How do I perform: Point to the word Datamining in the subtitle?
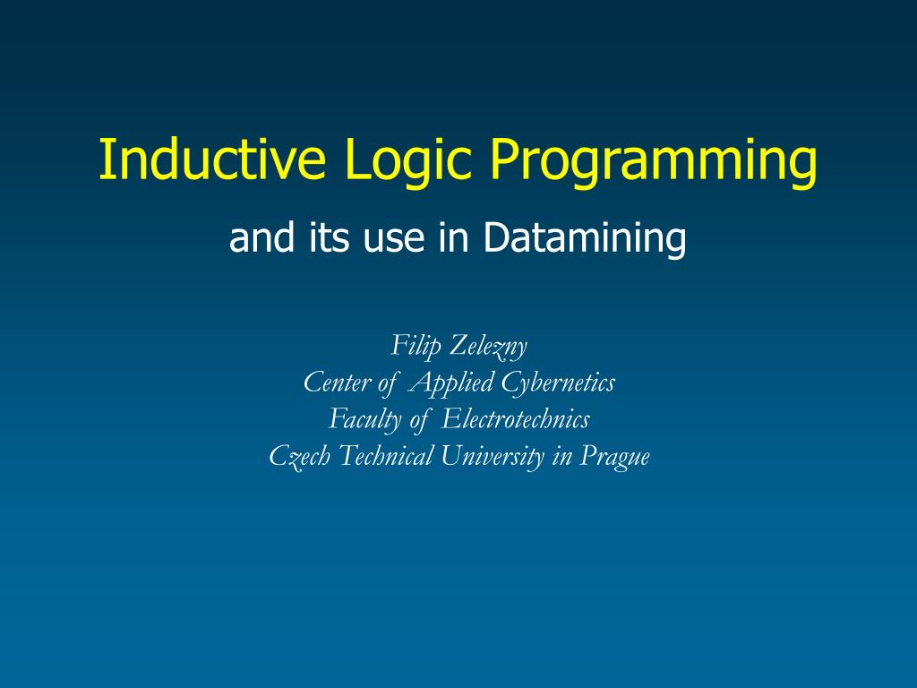coord(585,238)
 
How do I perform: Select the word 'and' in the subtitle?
coord(259,238)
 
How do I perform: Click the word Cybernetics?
coord(558,383)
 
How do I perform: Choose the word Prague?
coord(614,457)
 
